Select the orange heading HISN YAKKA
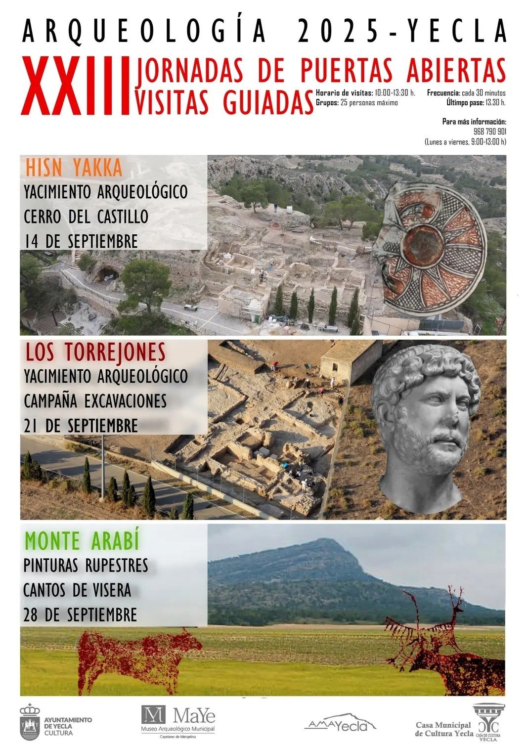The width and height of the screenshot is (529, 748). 74,168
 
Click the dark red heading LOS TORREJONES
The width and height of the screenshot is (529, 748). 95,352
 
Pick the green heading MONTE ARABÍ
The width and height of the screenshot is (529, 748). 82,540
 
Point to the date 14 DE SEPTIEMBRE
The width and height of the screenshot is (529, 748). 81,241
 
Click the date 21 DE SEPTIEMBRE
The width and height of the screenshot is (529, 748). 81,425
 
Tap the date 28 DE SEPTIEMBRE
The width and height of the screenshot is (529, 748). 80,615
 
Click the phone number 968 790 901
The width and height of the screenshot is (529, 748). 489,132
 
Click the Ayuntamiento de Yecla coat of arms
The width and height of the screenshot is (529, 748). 30,722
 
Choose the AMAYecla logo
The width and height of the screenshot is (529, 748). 340,724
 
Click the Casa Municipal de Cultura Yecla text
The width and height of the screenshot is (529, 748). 444,729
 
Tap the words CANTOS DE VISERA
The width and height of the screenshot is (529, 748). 77,590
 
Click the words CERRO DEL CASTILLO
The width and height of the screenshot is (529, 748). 86,216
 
